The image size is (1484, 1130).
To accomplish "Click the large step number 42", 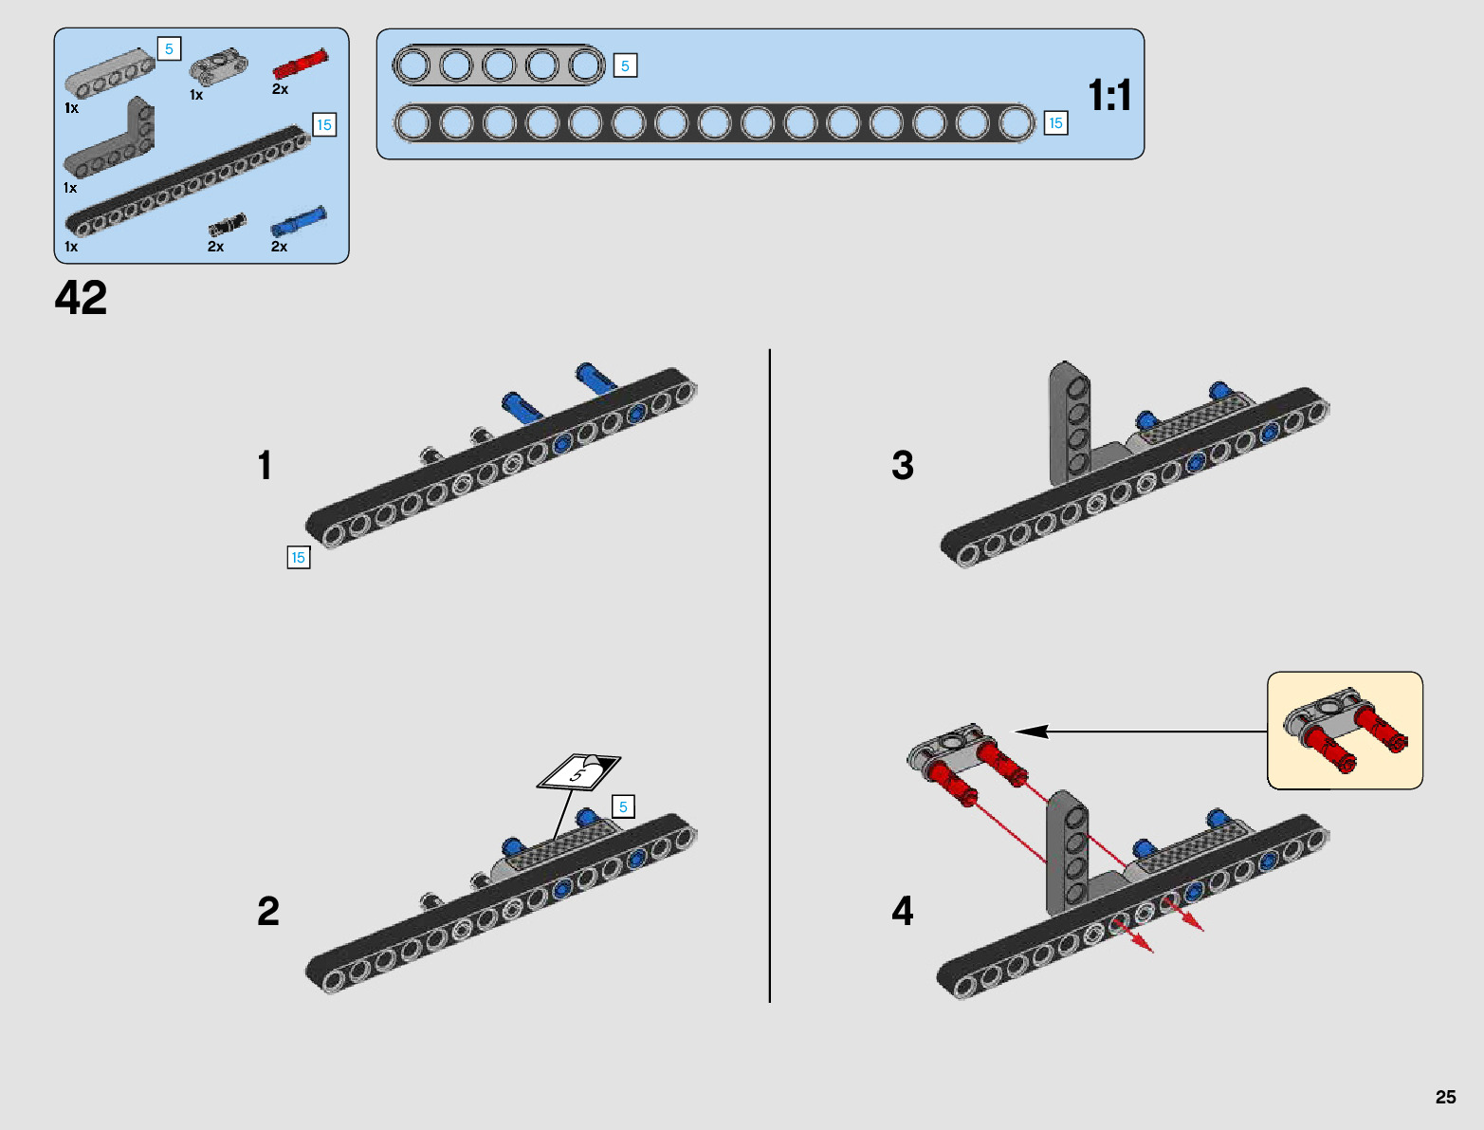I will pos(81,298).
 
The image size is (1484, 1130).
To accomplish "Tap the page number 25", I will pos(1445,1097).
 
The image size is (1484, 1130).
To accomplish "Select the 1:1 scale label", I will pos(1108,96).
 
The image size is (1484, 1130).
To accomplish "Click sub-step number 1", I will pos(265,466).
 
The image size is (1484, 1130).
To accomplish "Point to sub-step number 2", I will pos(268,912).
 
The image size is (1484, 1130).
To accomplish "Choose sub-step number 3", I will pos(903,466).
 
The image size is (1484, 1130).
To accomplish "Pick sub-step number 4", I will pos(903,912).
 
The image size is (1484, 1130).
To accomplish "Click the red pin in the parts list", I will pos(300,64).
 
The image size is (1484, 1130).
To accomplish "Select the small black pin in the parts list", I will pos(227,225).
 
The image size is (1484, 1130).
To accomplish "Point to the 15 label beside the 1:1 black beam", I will pos(1055,123).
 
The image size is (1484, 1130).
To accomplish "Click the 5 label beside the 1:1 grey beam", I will pos(625,66).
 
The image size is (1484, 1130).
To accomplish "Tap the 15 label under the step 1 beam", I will pos(299,558).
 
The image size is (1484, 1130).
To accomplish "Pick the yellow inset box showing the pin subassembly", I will pos(1345,731).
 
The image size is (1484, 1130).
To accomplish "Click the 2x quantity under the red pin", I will pos(280,89).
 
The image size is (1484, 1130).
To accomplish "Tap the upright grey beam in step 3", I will pos(1070,422).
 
